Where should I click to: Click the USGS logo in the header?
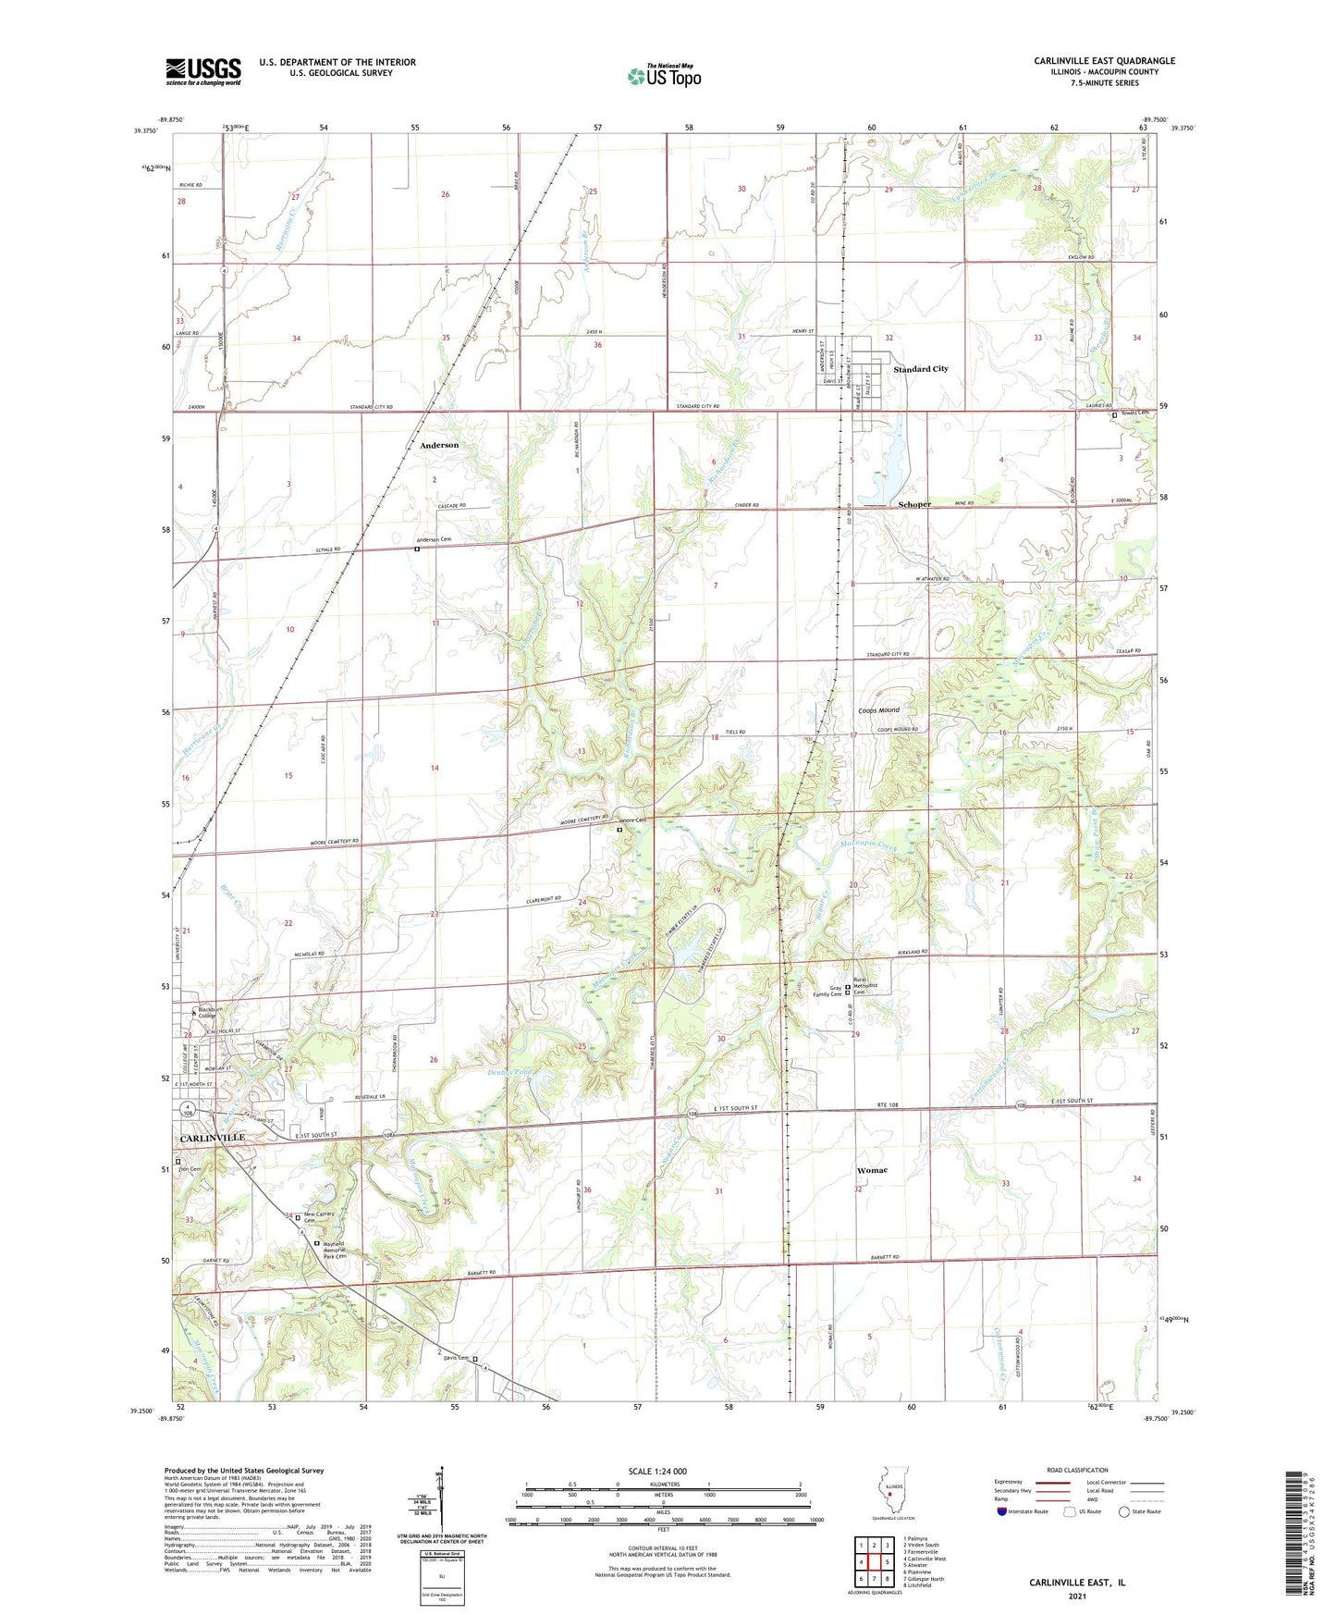click(x=203, y=71)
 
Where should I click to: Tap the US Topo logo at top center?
click(x=663, y=75)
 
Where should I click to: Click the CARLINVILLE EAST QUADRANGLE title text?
click(x=1104, y=61)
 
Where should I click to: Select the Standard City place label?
click(x=920, y=369)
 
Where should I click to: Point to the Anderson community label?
click(x=439, y=445)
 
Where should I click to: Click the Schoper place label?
click(x=914, y=504)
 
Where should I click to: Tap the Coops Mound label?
click(x=878, y=710)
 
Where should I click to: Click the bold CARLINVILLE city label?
click(x=213, y=1138)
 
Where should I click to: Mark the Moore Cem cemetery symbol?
click(x=619, y=830)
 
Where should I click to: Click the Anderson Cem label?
click(x=434, y=540)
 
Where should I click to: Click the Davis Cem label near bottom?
click(x=456, y=1358)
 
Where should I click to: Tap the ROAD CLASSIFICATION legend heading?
click(x=1077, y=1470)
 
